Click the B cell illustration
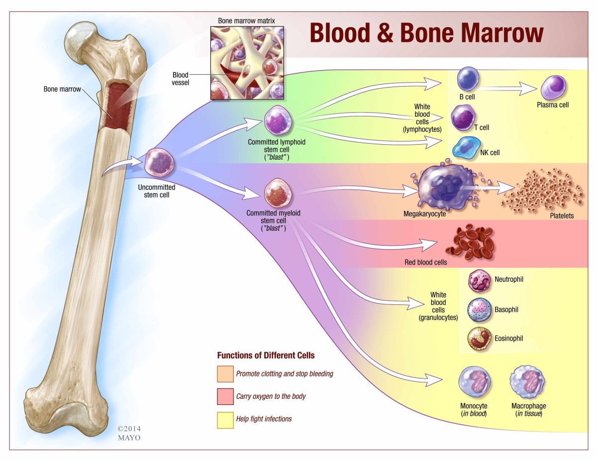(x=468, y=79)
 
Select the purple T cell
(x=462, y=118)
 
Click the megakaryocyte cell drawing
(x=440, y=187)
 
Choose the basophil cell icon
(x=479, y=310)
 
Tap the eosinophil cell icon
(x=479, y=339)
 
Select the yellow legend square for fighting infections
(x=225, y=420)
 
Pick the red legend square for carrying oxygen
(x=225, y=397)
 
